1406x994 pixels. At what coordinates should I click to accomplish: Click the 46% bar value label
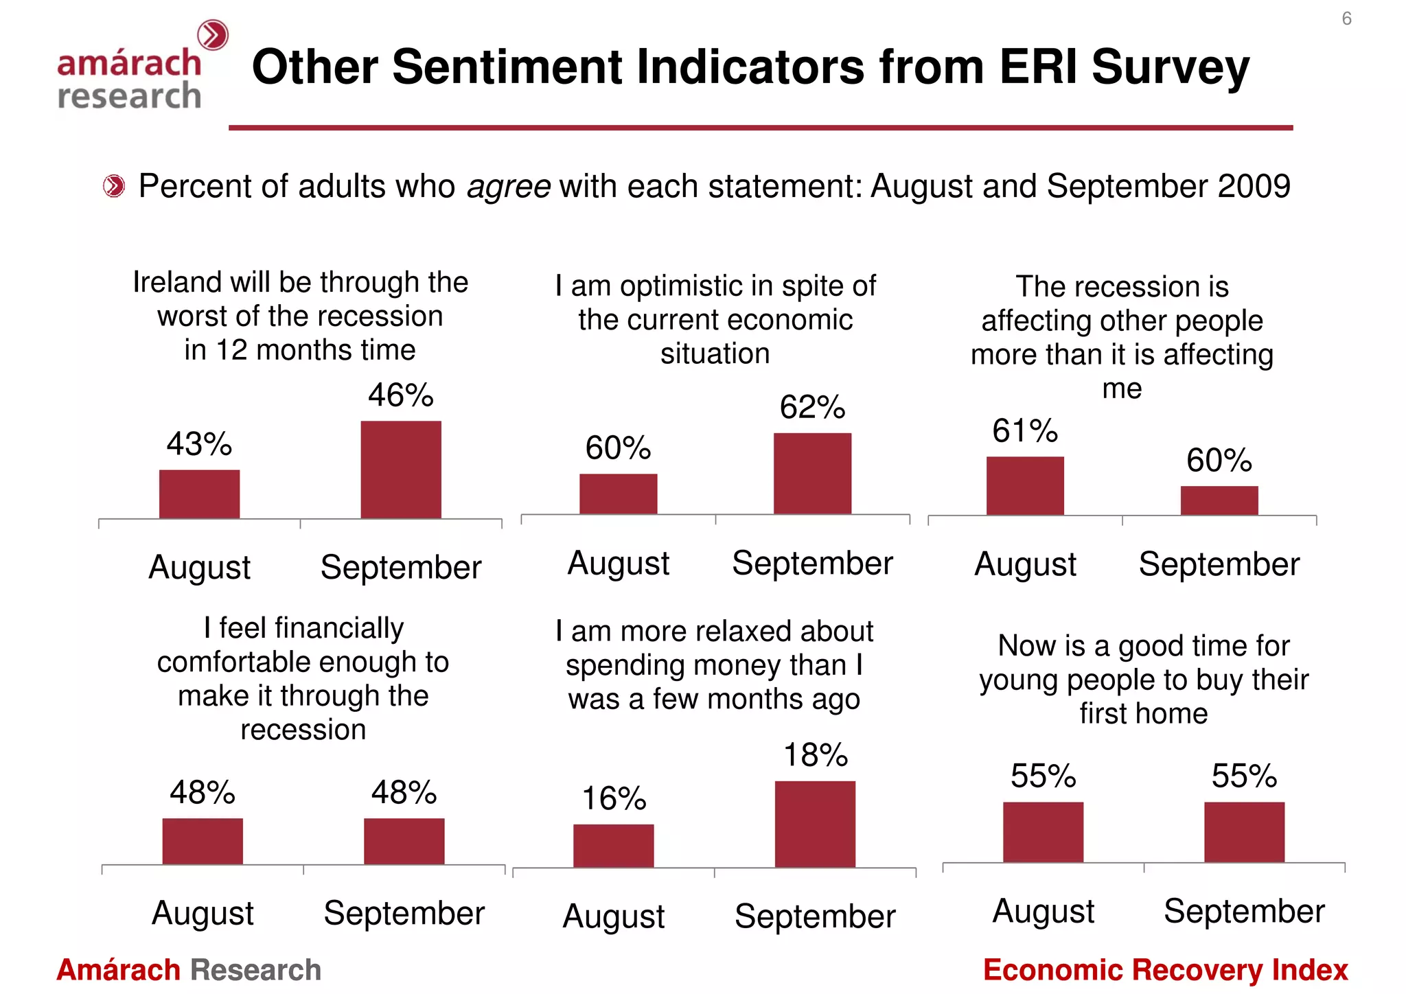click(x=400, y=395)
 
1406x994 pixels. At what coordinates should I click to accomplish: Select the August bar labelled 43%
click(x=199, y=494)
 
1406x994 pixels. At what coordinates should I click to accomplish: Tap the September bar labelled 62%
click(x=812, y=474)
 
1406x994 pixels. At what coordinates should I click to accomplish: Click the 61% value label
click(x=1024, y=431)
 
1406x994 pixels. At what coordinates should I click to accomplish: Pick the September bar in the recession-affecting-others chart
click(x=1219, y=500)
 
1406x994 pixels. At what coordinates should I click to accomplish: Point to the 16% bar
click(x=613, y=846)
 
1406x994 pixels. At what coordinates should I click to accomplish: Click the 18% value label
click(x=816, y=755)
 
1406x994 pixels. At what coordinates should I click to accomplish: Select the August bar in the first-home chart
click(x=1043, y=832)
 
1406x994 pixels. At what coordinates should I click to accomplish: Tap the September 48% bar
click(x=404, y=841)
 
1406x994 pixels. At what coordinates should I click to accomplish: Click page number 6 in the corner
click(x=1346, y=19)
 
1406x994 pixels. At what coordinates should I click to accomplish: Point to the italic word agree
click(x=508, y=187)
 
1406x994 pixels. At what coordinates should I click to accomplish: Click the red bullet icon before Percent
click(x=114, y=186)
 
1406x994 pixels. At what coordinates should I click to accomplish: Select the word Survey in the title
click(x=1170, y=67)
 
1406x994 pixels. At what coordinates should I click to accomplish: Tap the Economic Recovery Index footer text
click(x=1165, y=970)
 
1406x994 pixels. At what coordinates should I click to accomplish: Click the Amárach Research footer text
click(x=189, y=970)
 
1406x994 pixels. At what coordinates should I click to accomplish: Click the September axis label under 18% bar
click(x=815, y=916)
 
